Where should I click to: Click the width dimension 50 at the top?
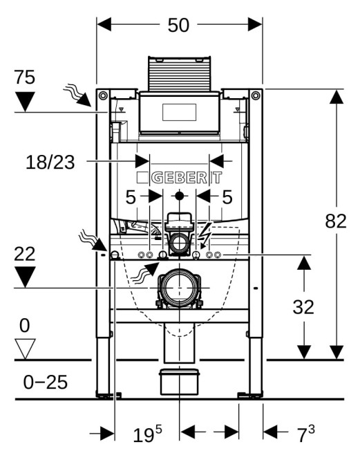tap(178, 25)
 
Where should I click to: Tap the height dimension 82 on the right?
tap(336, 221)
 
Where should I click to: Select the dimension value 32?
tap(303, 307)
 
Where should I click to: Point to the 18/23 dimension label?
tap(50, 163)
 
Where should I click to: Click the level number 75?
tap(25, 77)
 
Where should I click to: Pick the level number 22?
tap(25, 254)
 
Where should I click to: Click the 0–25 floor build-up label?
tap(46, 383)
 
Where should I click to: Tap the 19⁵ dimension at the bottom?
tap(147, 434)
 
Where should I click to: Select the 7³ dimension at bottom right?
tap(306, 434)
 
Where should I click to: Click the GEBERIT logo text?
tap(179, 178)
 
